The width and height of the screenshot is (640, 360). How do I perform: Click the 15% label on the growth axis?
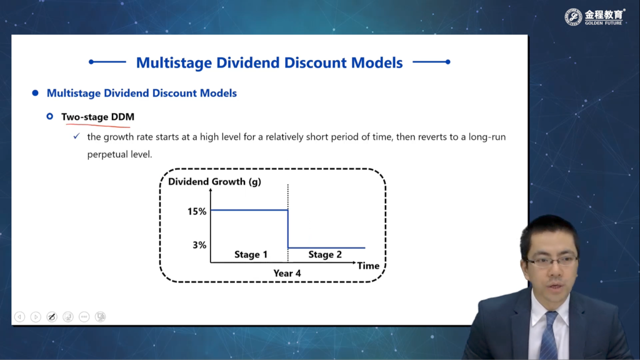(197, 211)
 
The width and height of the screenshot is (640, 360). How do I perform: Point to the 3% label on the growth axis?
(199, 245)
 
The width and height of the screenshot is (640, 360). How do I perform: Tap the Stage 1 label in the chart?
(251, 254)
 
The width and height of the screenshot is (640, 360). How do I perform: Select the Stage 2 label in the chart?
(325, 254)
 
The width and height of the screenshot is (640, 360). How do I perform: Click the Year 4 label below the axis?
(287, 273)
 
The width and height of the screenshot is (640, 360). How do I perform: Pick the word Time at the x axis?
(368, 266)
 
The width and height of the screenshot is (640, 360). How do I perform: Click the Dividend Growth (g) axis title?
(215, 182)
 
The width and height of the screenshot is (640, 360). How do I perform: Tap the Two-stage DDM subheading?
(97, 117)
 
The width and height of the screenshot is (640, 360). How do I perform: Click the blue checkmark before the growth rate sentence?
(76, 136)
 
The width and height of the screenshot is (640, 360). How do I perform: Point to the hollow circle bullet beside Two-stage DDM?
(50, 116)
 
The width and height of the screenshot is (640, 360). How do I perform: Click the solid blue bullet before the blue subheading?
(36, 93)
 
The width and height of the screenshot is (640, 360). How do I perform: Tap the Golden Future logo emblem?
(573, 17)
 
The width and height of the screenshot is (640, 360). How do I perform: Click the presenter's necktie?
(549, 336)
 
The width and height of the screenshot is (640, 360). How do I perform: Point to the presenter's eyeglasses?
(552, 261)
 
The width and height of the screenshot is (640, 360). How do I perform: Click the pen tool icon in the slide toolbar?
(52, 317)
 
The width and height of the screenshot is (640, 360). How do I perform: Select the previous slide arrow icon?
(19, 317)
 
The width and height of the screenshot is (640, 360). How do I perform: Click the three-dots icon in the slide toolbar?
(84, 317)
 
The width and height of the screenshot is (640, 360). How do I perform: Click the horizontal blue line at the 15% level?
(249, 210)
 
